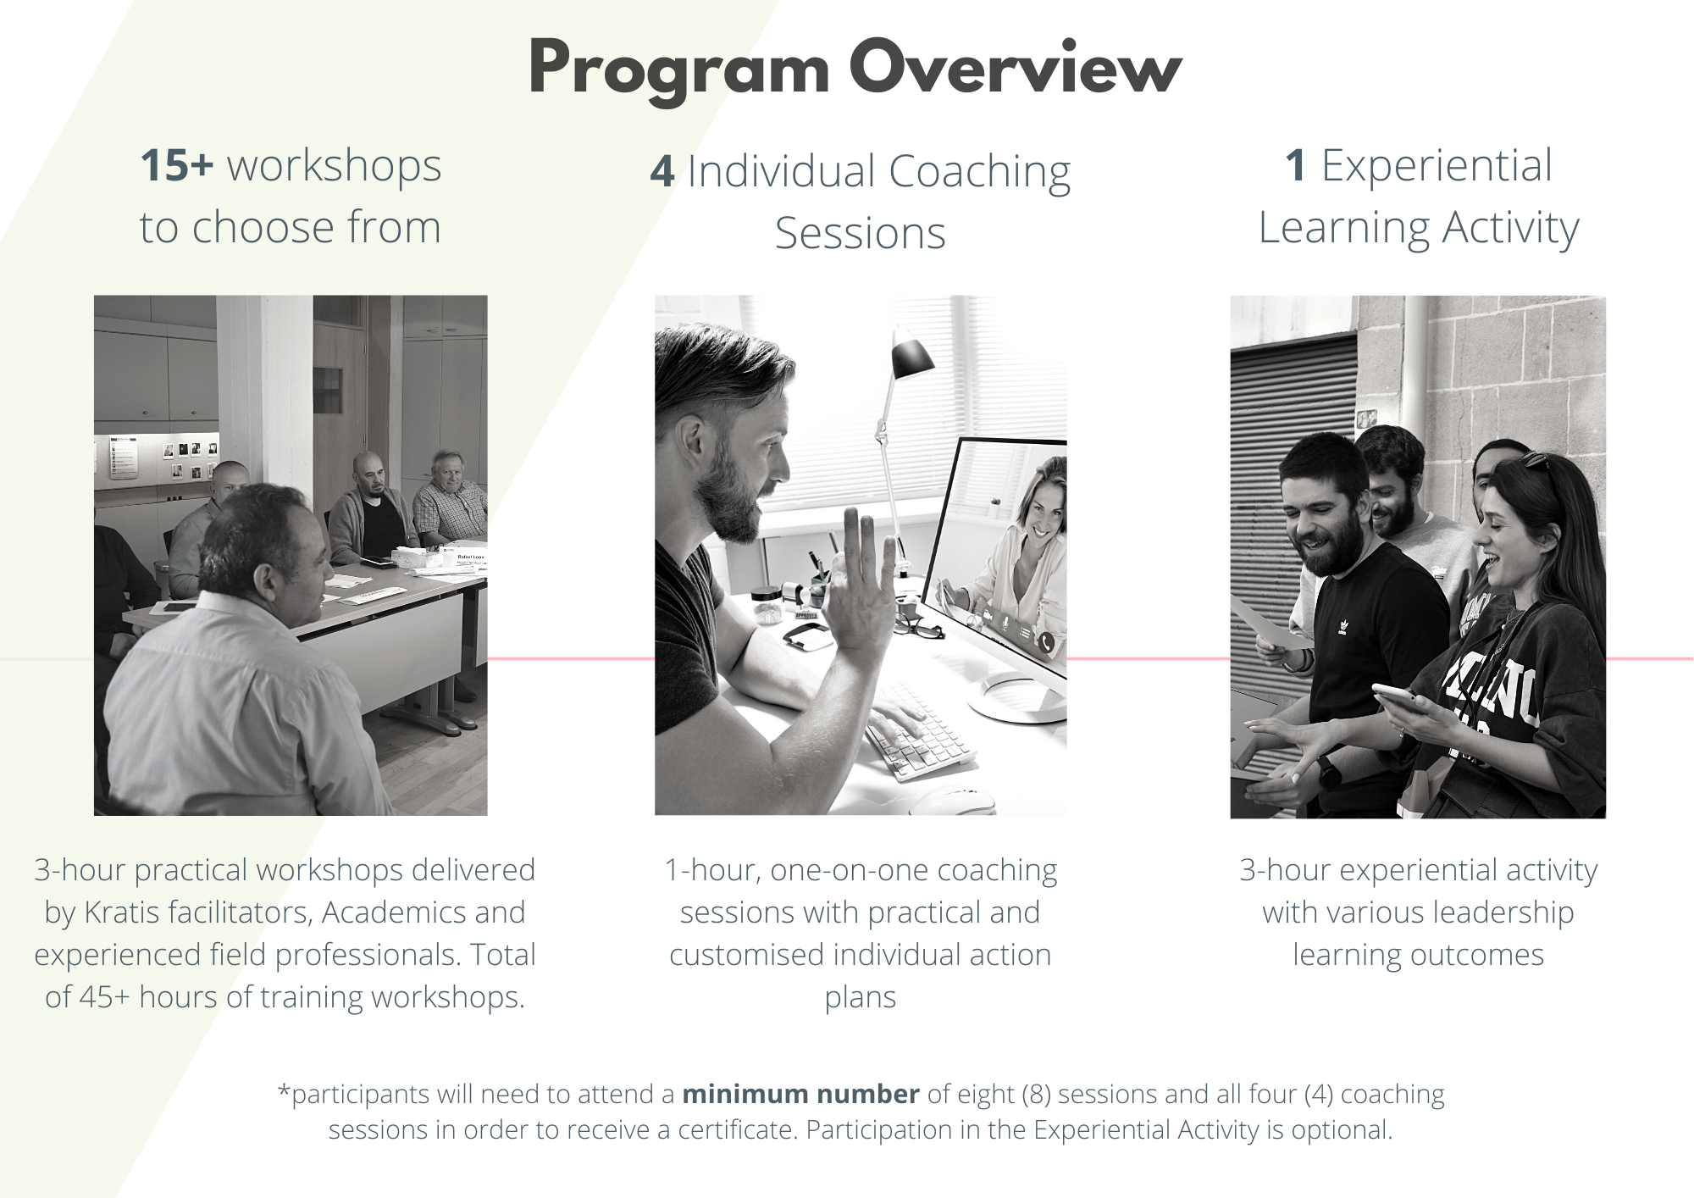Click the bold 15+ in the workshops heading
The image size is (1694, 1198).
coord(177,165)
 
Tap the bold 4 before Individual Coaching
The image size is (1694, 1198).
coord(662,171)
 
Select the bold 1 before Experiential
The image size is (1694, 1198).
coord(1296,165)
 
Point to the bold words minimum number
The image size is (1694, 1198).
coord(800,1094)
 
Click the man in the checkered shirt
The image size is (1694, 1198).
coord(449,500)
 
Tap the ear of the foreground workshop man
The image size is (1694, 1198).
coord(263,581)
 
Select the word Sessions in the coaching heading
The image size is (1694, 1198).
coord(860,233)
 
